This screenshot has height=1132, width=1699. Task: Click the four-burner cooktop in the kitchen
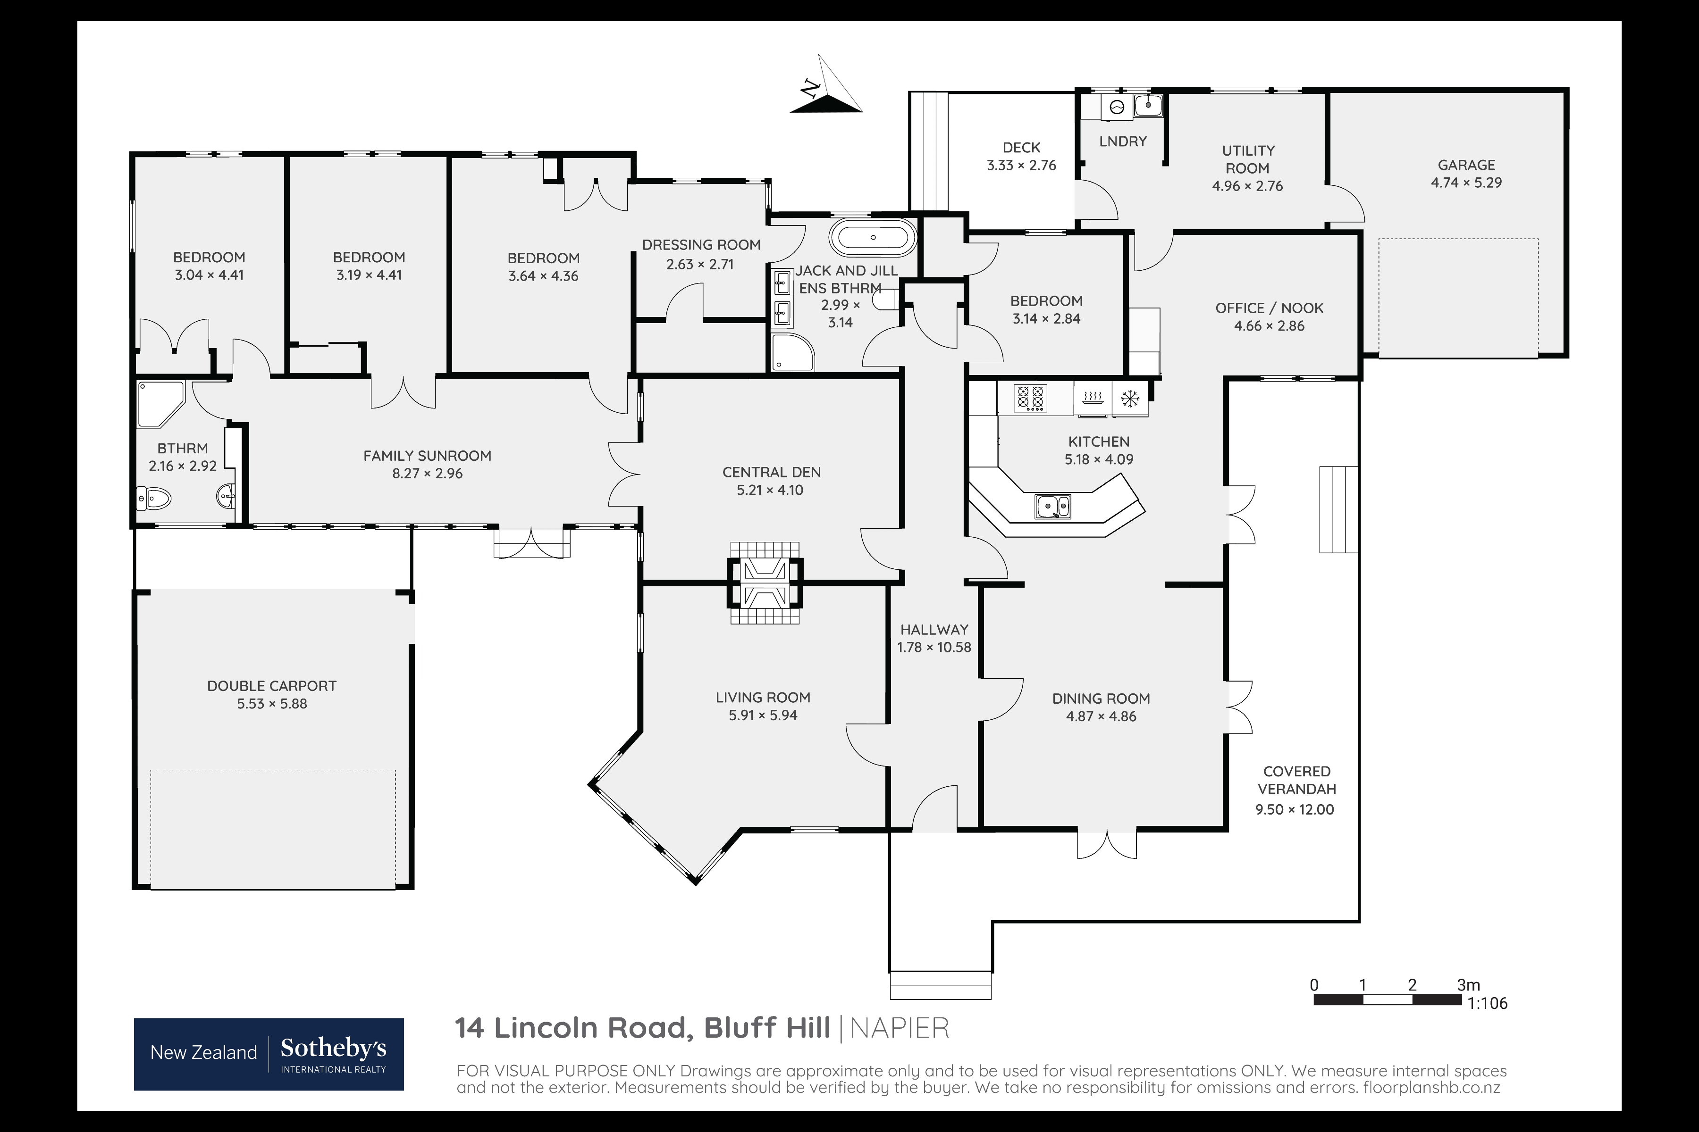click(1030, 398)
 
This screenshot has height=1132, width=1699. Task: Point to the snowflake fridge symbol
click(1129, 398)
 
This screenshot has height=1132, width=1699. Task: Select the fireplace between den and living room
click(765, 583)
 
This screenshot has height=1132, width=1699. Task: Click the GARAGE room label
click(1466, 166)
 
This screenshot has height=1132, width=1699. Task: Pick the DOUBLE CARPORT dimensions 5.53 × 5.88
click(272, 704)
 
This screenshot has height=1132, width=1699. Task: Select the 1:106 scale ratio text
click(1488, 1003)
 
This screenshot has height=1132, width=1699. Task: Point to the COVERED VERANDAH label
click(1296, 781)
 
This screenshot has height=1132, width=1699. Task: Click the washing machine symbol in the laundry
click(1117, 107)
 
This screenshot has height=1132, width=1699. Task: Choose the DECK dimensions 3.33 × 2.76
click(1021, 166)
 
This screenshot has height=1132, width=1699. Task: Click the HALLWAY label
click(934, 630)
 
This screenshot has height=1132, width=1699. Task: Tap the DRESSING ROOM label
click(701, 245)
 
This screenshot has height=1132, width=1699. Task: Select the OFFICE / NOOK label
click(1269, 308)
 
